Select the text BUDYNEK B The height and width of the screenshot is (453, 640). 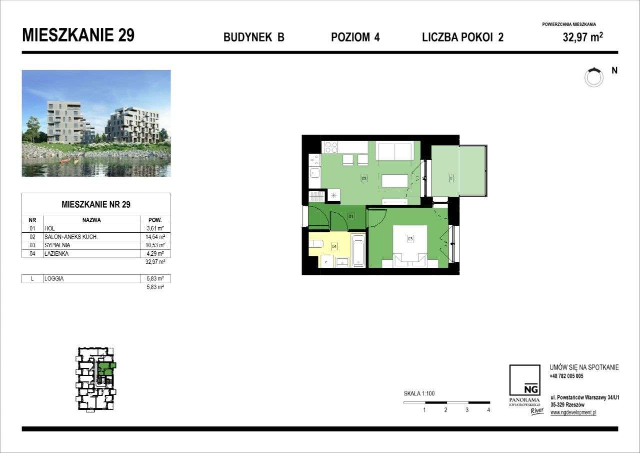(254, 37)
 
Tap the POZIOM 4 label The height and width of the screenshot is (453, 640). (355, 37)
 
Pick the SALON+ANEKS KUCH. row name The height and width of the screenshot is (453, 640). (71, 237)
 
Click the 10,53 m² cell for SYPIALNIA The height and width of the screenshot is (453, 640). (154, 245)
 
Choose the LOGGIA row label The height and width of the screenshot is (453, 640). (53, 279)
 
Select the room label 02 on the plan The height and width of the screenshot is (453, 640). (364, 178)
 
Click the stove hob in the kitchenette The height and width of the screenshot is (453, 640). (331, 147)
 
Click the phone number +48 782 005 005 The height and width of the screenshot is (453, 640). (566, 376)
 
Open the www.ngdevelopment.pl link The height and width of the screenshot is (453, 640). (573, 412)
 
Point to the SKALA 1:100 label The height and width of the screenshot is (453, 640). (419, 393)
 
